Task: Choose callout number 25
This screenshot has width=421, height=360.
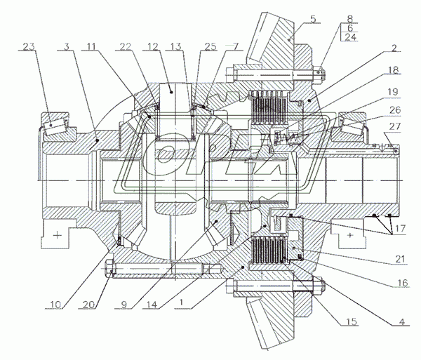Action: pyautogui.click(x=211, y=48)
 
